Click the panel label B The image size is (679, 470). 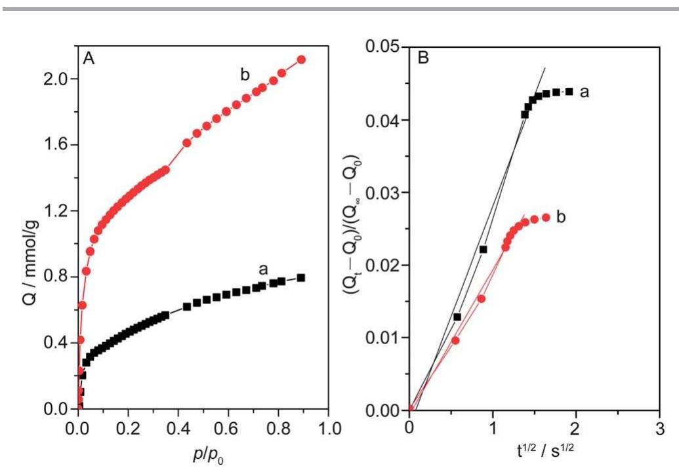click(423, 58)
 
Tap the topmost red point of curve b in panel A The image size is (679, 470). click(301, 60)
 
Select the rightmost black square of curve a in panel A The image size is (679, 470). click(301, 277)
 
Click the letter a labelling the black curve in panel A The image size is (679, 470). click(264, 269)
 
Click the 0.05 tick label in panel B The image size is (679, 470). click(384, 47)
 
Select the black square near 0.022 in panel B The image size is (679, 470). click(484, 249)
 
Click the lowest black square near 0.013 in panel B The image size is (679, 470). click(457, 317)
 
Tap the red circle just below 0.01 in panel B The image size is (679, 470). click(455, 340)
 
